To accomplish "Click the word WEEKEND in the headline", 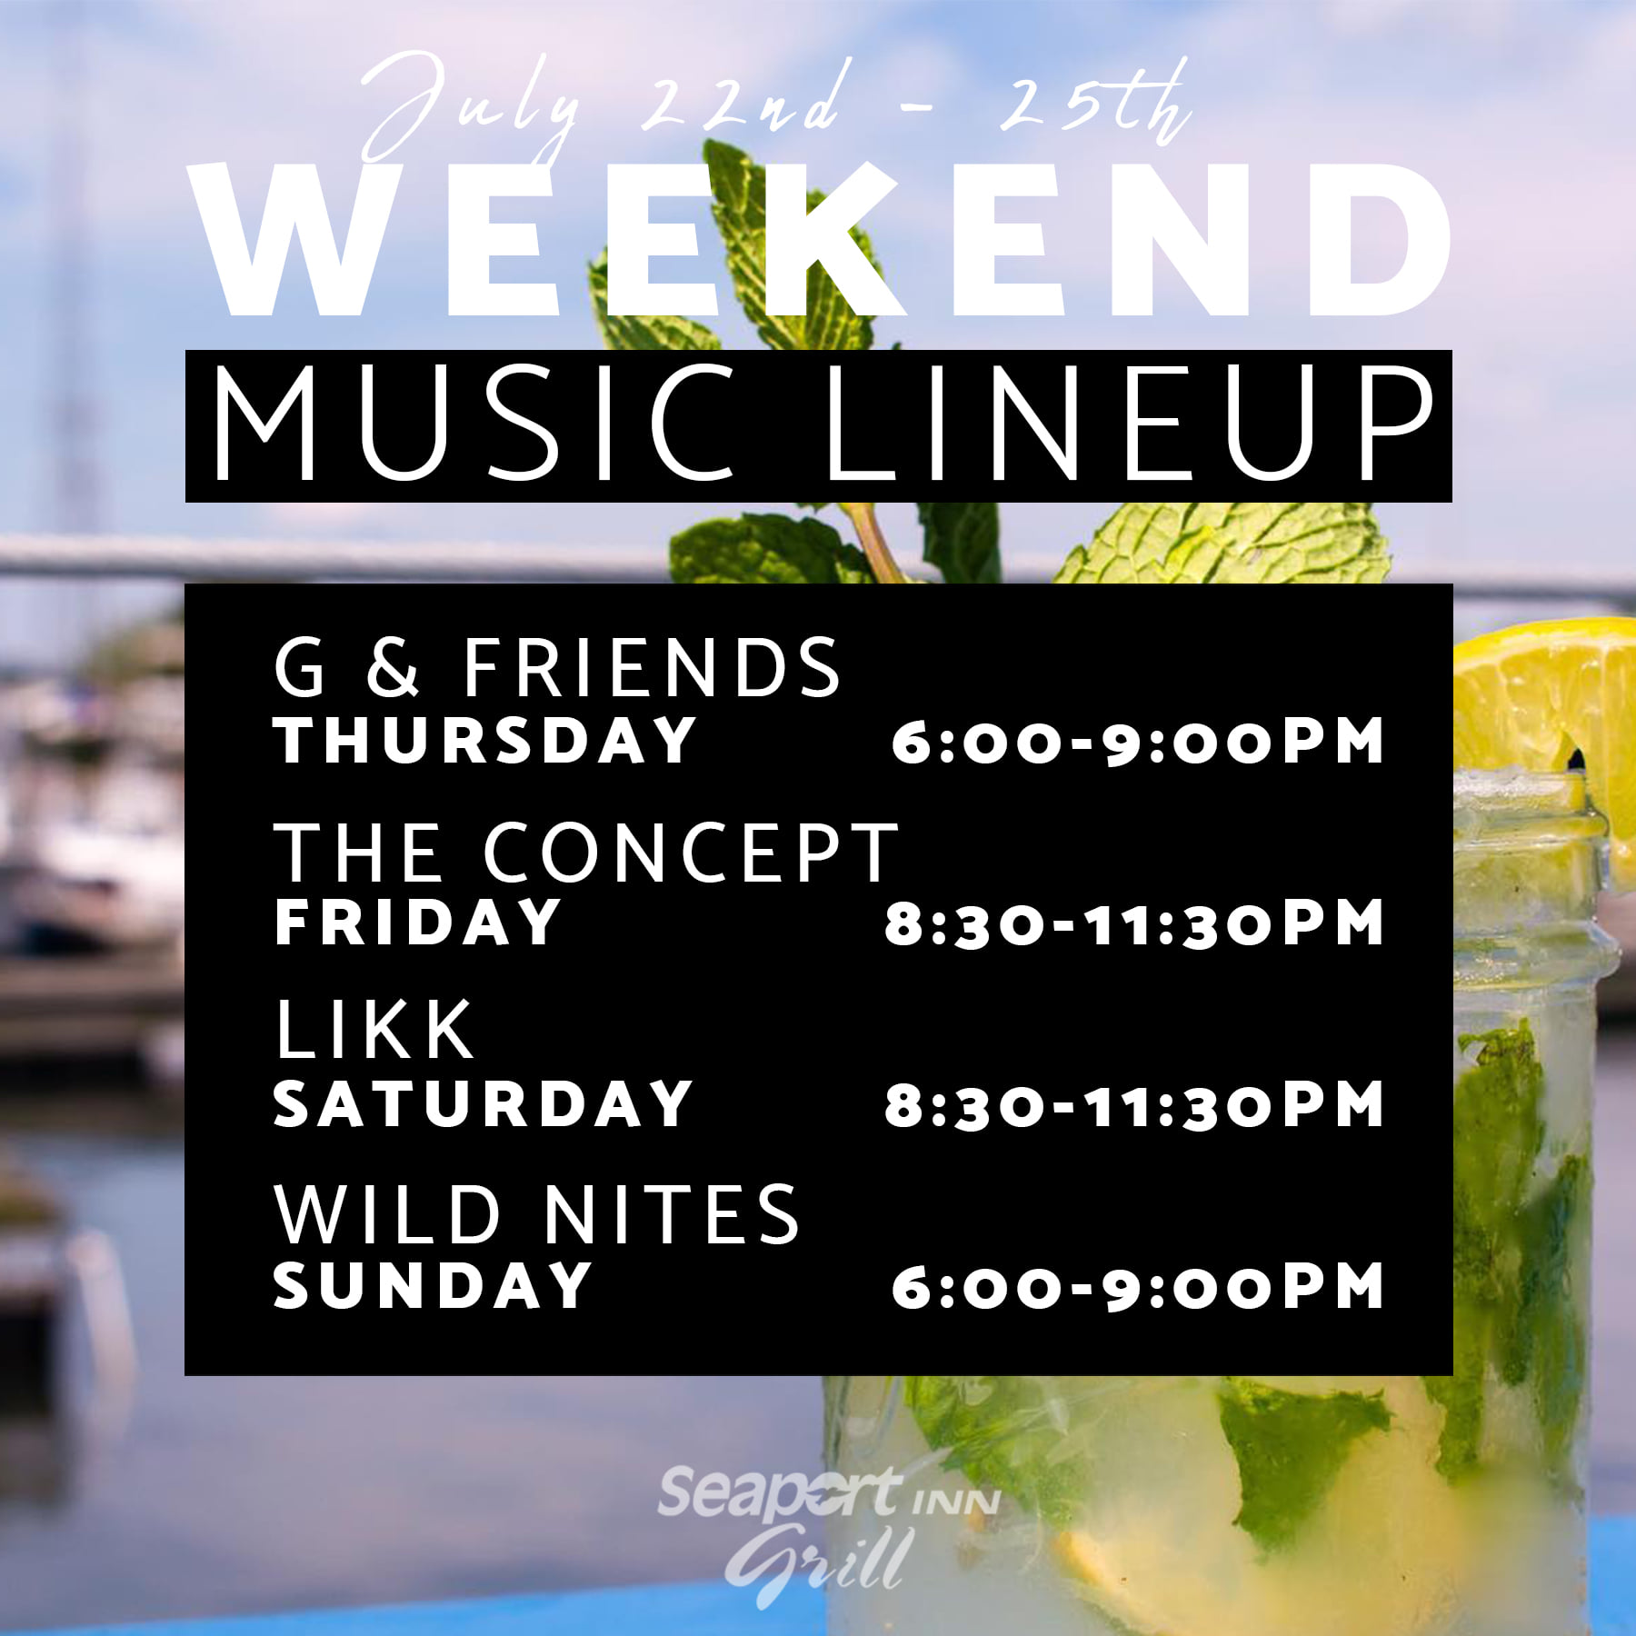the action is pyautogui.click(x=823, y=240).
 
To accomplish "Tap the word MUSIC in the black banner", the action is pyautogui.click(x=473, y=424).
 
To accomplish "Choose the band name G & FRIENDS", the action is pyautogui.click(x=557, y=667).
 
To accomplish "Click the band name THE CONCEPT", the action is pyautogui.click(x=586, y=852).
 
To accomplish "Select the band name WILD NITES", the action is pyautogui.click(x=536, y=1214).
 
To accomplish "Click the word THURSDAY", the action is pyautogui.click(x=484, y=741).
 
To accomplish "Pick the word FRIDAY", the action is pyautogui.click(x=417, y=922).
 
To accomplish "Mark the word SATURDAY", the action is pyautogui.click(x=483, y=1103).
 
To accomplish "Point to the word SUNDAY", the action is pyautogui.click(x=433, y=1285).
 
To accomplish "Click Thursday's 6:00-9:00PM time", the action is pyautogui.click(x=1137, y=742).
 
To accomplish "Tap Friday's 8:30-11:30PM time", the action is pyautogui.click(x=1134, y=923).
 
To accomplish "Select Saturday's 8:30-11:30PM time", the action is pyautogui.click(x=1134, y=1105).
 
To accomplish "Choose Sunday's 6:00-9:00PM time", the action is pyautogui.click(x=1137, y=1287).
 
